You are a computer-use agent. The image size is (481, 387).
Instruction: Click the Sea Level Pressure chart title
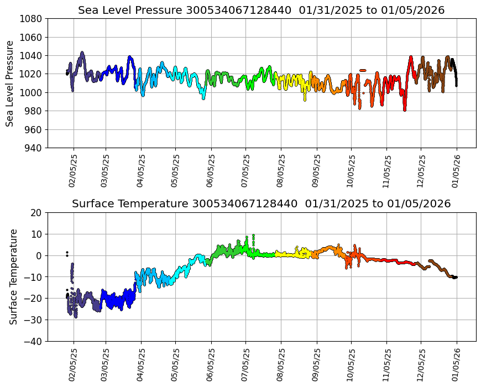pos(261,10)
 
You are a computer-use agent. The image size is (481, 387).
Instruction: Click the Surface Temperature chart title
pos(261,203)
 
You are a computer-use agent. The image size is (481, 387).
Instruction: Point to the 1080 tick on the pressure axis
pos(33,19)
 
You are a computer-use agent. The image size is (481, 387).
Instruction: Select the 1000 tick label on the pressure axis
pos(33,93)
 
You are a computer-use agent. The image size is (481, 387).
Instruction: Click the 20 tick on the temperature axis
pos(37,213)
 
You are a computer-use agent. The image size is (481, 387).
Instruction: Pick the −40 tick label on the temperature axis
pos(35,342)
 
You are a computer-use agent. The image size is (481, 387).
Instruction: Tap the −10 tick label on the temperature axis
pos(35,277)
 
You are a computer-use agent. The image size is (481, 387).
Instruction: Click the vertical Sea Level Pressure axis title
pos(11,83)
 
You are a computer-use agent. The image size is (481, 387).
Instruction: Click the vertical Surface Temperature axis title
pos(14,276)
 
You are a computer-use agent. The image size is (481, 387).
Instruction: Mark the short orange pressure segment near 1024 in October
pos(363,70)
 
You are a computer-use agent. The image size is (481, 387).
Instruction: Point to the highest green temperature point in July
pos(253,236)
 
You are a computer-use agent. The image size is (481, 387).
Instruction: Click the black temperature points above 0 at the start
pos(67,254)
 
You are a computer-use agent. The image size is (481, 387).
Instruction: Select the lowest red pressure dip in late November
pos(405,109)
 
